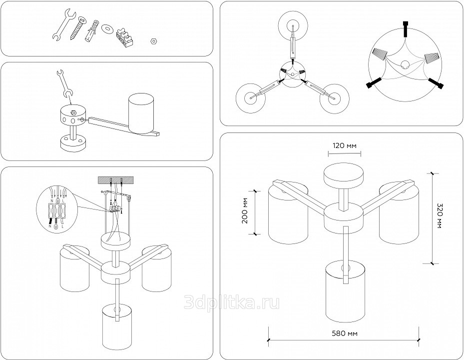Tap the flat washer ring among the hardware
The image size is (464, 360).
click(106, 28)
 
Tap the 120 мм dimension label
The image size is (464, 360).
click(345, 146)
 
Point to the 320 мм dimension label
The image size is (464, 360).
click(439, 215)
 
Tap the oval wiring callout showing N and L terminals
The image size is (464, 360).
click(57, 207)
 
